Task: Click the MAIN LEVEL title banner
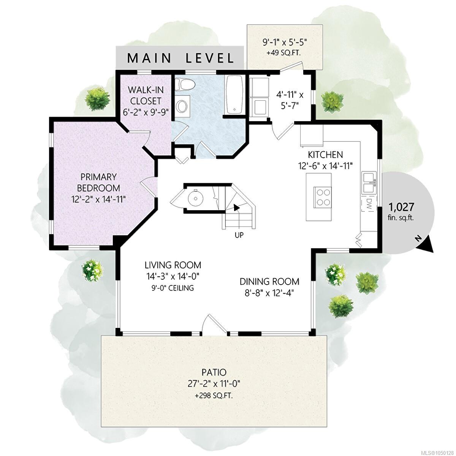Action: point(180,58)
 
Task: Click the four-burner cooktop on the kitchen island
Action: point(323,197)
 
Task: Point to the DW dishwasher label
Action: point(369,202)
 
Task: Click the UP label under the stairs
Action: point(239,235)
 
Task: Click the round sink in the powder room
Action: point(196,197)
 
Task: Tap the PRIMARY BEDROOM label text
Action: point(98,182)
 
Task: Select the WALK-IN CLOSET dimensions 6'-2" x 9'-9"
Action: point(146,112)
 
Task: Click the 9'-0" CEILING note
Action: point(173,288)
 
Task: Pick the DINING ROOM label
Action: point(269,282)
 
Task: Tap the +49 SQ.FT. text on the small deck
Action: point(284,53)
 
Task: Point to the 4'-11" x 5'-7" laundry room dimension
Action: point(290,100)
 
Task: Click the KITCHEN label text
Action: point(325,155)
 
